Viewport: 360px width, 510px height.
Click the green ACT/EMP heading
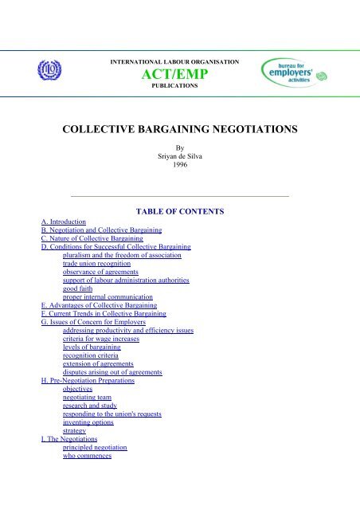click(179, 74)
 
